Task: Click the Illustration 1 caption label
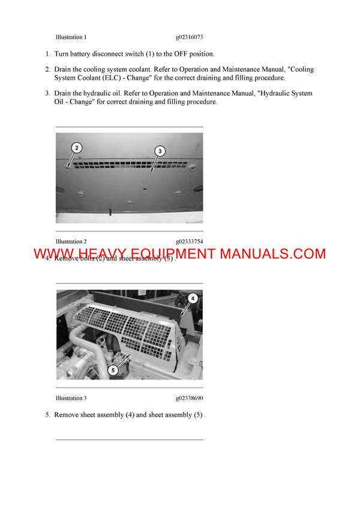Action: (71, 37)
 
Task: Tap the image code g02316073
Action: (193, 37)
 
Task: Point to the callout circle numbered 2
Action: (76, 147)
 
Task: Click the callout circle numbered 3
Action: (160, 152)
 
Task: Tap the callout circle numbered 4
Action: (193, 297)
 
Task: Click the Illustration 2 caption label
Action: (71, 242)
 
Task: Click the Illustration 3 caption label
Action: (71, 398)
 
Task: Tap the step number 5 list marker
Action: (47, 415)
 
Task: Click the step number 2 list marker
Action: (47, 70)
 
